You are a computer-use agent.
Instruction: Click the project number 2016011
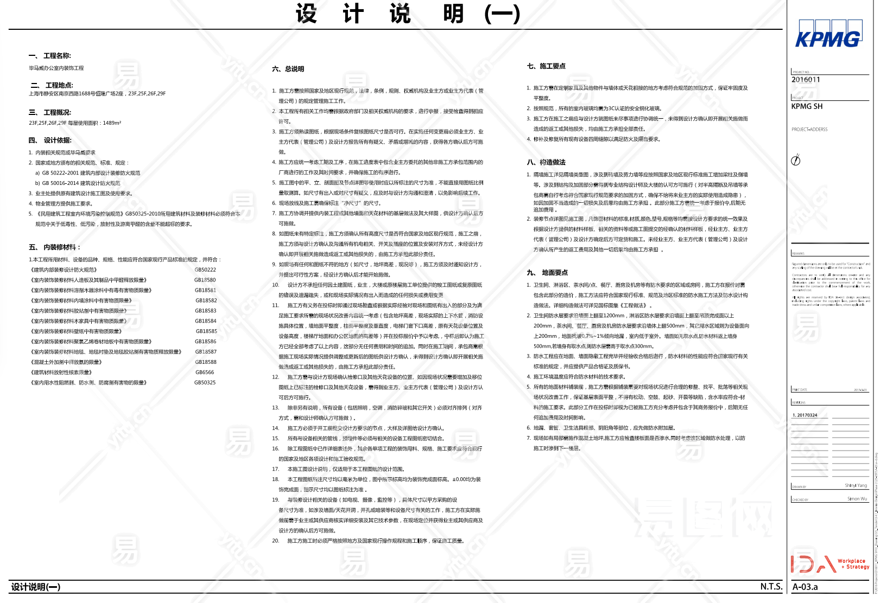click(x=806, y=80)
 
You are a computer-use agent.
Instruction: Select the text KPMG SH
click(x=807, y=106)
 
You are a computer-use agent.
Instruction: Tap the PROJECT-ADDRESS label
click(x=809, y=130)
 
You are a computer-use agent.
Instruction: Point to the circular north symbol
click(x=796, y=160)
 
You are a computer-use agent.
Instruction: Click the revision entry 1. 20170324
click(x=805, y=415)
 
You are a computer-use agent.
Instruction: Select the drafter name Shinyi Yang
click(x=856, y=486)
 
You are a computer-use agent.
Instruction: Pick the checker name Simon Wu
click(x=857, y=499)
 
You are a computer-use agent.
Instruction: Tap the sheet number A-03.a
click(x=805, y=587)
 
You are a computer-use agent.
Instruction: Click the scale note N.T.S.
click(x=771, y=587)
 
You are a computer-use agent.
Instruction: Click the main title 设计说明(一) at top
click(x=408, y=14)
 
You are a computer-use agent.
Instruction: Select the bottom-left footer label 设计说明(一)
click(x=36, y=587)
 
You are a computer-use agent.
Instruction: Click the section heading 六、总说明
click(x=288, y=69)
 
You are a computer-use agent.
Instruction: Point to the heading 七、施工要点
click(x=546, y=66)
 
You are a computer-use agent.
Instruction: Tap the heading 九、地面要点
click(x=547, y=273)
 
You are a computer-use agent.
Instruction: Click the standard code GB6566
click(x=205, y=373)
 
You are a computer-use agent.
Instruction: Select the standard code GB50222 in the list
click(x=205, y=270)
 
